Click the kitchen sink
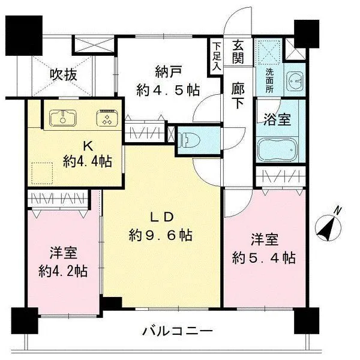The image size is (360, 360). (x=63, y=117)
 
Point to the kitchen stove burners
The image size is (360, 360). (x=107, y=118)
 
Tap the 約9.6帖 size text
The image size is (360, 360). (x=161, y=235)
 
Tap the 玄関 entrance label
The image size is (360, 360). (x=238, y=52)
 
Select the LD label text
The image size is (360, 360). (x=161, y=216)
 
